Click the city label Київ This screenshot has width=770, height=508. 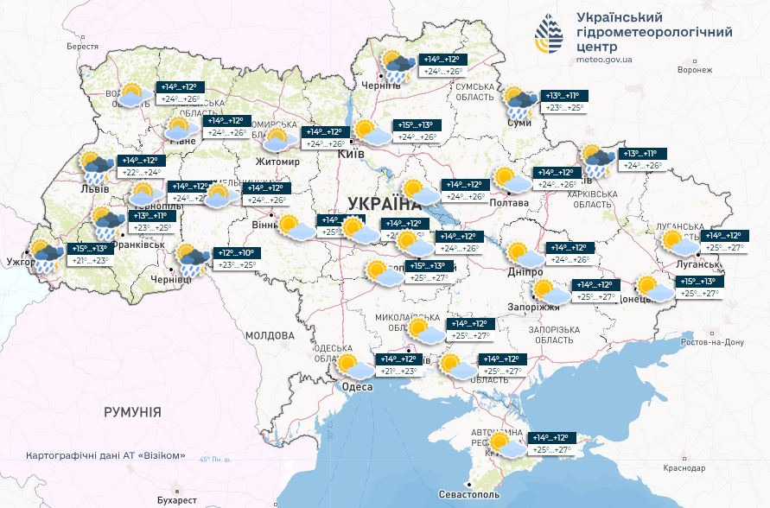351,153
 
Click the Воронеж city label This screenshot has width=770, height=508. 696,69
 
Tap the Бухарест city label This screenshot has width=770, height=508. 173,499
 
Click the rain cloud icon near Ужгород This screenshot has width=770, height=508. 46,257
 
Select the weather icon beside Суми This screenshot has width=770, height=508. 521,103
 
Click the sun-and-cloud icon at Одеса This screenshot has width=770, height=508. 355,366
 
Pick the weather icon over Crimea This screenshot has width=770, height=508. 506,445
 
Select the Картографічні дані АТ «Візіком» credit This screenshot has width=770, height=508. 106,455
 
